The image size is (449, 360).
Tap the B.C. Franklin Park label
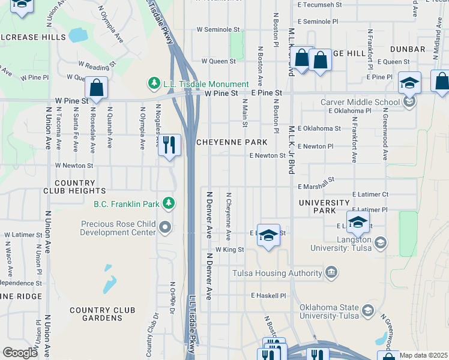tap(126, 204)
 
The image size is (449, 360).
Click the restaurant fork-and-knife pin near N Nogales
tap(169, 145)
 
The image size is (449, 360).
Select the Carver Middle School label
tap(360, 102)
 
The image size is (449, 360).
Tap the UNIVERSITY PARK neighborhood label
tap(324, 207)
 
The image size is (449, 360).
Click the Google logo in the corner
tap(20, 353)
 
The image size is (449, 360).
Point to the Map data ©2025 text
tap(423, 355)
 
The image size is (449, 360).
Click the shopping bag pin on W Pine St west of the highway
tap(96, 88)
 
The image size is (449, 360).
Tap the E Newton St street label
tap(267, 155)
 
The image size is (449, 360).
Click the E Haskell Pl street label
tap(270, 296)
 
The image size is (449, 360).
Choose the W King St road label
tap(229, 249)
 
